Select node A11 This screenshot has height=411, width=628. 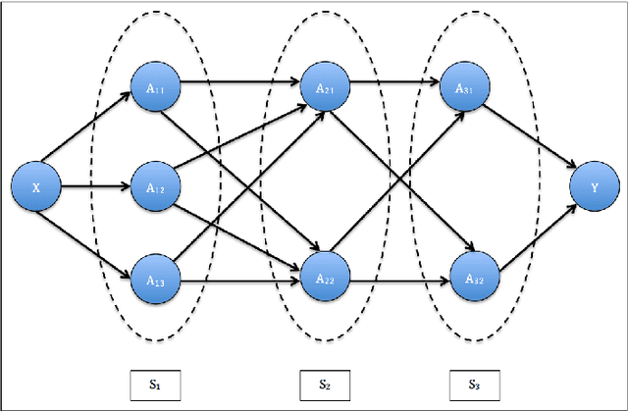[156, 87]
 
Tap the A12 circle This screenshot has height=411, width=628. [156, 184]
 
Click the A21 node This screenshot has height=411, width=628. [326, 87]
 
